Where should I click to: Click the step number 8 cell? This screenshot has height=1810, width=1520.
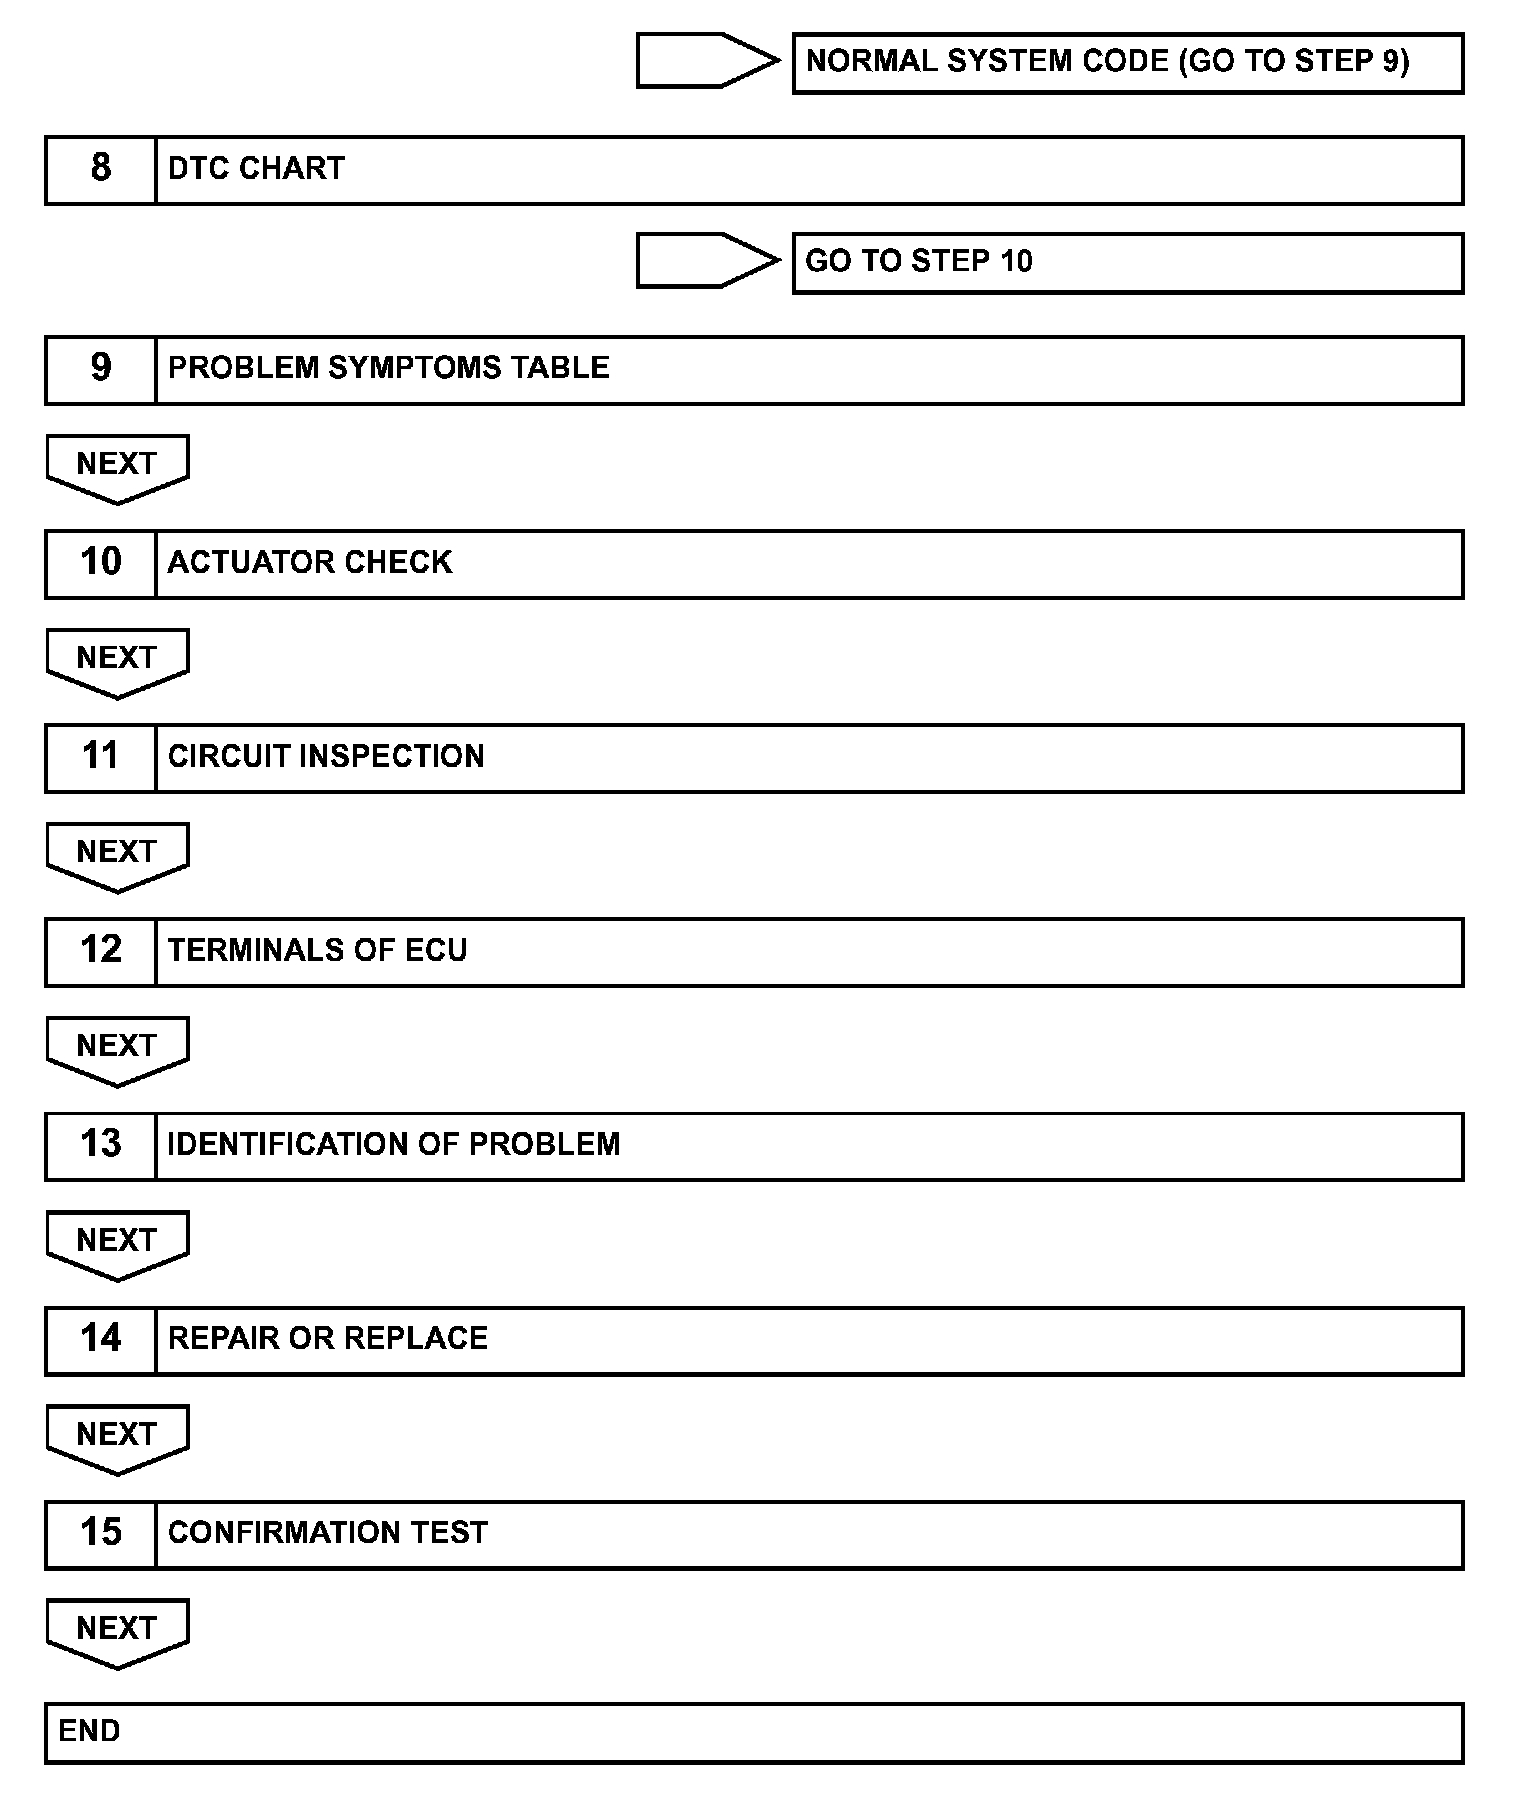tap(100, 169)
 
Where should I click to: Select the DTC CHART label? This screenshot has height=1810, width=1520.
tap(256, 168)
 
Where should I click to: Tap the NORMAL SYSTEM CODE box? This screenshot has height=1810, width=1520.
tap(1127, 63)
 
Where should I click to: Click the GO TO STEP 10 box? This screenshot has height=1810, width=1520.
tap(1127, 262)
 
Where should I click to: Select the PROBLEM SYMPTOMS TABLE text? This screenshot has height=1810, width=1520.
tap(388, 368)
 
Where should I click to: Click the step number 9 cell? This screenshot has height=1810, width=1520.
tap(100, 369)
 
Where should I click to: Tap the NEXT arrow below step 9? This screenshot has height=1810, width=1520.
tap(117, 467)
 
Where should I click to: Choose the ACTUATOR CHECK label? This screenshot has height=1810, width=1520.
tap(310, 562)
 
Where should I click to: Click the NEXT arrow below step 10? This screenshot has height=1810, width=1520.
tap(117, 661)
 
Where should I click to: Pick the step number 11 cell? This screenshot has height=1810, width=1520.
tap(100, 757)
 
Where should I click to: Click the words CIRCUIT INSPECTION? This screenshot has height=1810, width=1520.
tap(326, 756)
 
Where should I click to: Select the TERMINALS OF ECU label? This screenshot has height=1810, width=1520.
tap(317, 950)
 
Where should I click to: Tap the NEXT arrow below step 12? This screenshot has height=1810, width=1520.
tap(117, 1049)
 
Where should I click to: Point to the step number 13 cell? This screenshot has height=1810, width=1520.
tap(100, 1145)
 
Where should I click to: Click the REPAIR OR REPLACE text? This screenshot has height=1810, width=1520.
tap(327, 1338)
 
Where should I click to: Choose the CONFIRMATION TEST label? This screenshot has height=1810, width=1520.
tap(327, 1532)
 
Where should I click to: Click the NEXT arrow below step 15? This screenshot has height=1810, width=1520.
tap(117, 1631)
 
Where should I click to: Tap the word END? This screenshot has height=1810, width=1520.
tap(89, 1731)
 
